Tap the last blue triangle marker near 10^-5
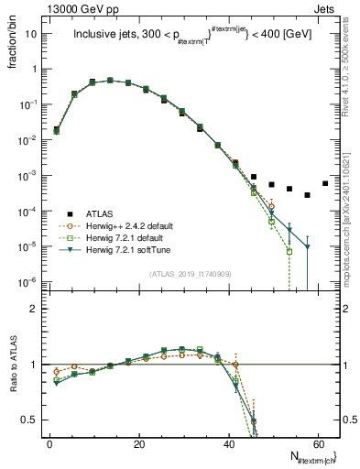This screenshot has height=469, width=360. point(307,246)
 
